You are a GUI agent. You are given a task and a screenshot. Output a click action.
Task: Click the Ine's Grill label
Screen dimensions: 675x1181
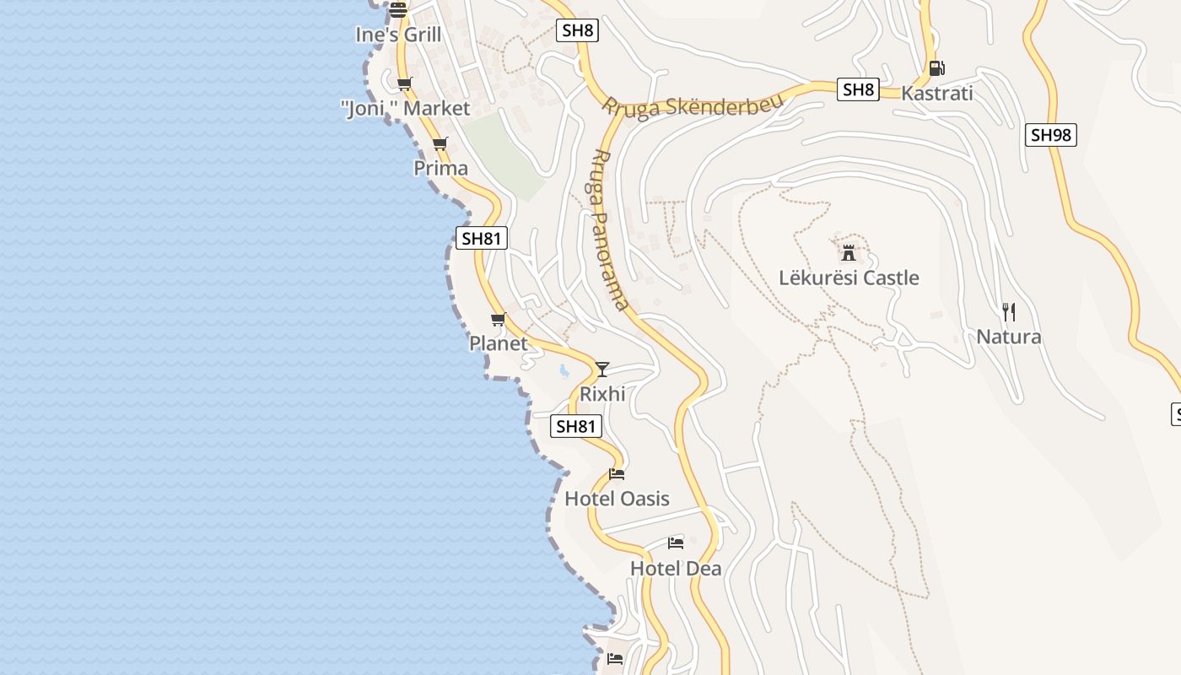tap(398, 35)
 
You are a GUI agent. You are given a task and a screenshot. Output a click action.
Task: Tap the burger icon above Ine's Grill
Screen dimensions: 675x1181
tap(398, 9)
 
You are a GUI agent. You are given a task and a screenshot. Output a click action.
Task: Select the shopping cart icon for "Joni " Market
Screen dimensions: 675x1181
tap(405, 84)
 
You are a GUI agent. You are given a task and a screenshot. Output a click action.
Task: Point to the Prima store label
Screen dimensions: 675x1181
tap(440, 168)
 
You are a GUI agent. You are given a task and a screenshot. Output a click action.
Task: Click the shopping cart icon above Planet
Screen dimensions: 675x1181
tap(498, 319)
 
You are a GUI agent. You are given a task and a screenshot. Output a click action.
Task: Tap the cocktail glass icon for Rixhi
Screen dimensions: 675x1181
tap(601, 369)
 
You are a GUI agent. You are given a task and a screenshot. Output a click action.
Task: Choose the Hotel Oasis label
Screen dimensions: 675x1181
tap(617, 499)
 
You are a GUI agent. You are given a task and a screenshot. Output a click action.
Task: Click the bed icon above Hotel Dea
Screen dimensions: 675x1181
tap(676, 543)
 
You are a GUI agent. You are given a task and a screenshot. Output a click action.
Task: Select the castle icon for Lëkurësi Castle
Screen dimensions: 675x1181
tap(849, 252)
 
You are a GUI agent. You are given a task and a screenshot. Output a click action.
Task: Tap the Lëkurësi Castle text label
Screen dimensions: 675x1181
tap(849, 278)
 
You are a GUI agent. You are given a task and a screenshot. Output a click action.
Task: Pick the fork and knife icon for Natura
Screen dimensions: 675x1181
tap(1008, 312)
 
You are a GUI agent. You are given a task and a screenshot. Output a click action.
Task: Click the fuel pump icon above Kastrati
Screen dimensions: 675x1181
tap(936, 68)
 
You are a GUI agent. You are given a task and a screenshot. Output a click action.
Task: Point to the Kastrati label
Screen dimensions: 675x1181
tap(936, 93)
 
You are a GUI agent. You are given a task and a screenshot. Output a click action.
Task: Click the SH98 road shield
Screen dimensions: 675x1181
tap(1050, 135)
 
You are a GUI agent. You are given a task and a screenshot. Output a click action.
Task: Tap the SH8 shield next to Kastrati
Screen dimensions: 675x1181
tap(858, 89)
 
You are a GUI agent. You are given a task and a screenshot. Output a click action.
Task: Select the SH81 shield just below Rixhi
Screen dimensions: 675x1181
tap(577, 426)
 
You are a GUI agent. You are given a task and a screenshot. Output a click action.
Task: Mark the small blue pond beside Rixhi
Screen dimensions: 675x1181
tap(564, 370)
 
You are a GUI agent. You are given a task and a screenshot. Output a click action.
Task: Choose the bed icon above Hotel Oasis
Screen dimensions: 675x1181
tap(617, 474)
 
